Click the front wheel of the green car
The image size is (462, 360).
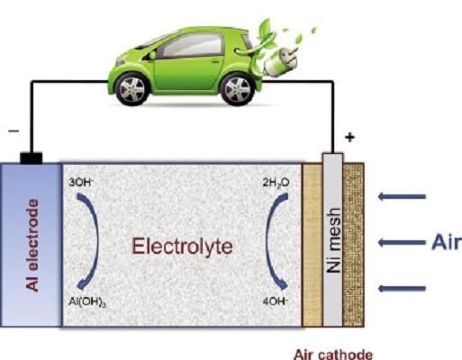[x=132, y=89]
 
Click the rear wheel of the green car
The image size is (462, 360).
[x=238, y=89]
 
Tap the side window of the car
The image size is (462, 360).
[x=192, y=45]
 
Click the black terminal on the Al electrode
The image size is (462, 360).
[x=32, y=158]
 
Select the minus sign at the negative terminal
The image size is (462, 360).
[x=14, y=131]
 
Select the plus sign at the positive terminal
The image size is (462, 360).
[x=349, y=138]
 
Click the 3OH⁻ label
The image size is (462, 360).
[x=79, y=182]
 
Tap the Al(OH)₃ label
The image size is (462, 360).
[x=87, y=301]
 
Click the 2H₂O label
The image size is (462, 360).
[x=276, y=183]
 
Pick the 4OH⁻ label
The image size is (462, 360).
[x=276, y=301]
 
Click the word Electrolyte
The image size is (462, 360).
[x=182, y=247]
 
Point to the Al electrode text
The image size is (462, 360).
[x=32, y=245]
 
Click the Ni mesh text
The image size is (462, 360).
[x=334, y=240]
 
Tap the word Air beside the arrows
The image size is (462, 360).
[x=445, y=242]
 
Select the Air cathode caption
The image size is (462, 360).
[x=333, y=354]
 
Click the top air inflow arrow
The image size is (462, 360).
[x=402, y=197]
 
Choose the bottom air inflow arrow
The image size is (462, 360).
[x=402, y=289]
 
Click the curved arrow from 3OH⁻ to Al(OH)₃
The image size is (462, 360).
[x=96, y=241]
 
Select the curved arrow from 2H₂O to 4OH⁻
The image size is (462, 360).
[x=267, y=241]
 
